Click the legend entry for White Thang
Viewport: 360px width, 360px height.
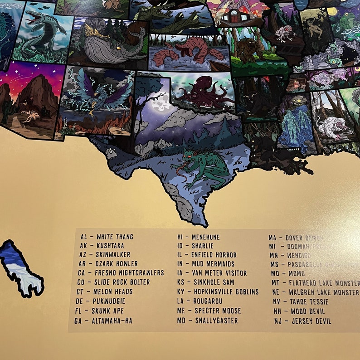click(x=107, y=237)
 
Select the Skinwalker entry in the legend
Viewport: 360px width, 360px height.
click(x=106, y=255)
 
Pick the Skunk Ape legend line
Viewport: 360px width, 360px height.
click(x=102, y=311)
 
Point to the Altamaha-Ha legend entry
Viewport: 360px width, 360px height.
click(x=103, y=321)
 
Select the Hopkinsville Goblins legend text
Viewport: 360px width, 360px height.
click(x=218, y=292)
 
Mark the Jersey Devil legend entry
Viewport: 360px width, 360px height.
click(x=302, y=321)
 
